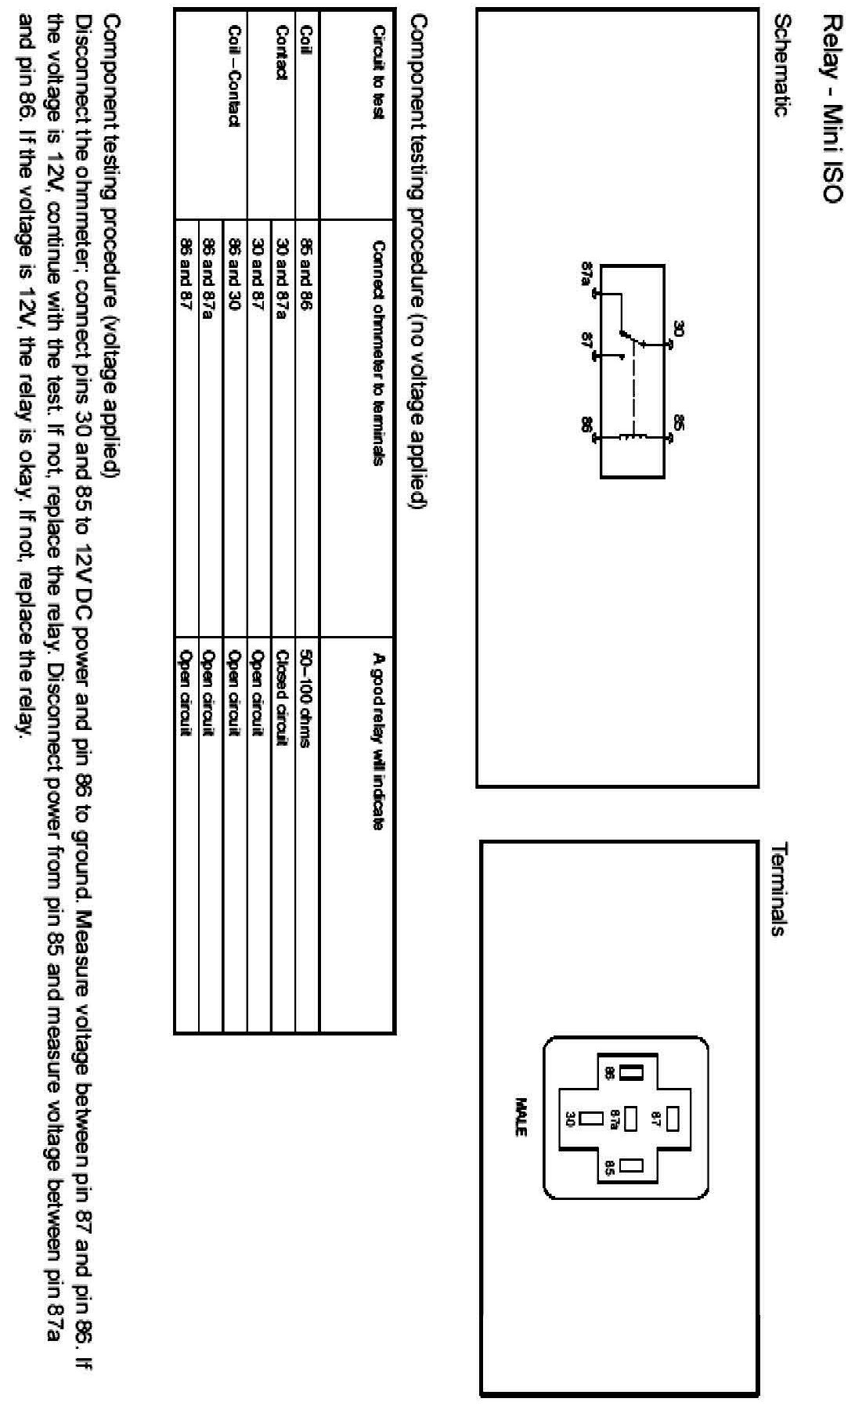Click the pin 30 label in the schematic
[x=678, y=330]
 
